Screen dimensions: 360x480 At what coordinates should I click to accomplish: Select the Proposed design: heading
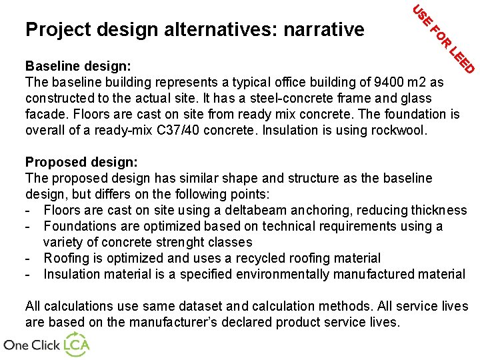(81, 162)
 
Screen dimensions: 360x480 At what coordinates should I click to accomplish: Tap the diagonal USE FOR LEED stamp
(443, 39)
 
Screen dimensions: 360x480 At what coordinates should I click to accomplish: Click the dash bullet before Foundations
(29, 227)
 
